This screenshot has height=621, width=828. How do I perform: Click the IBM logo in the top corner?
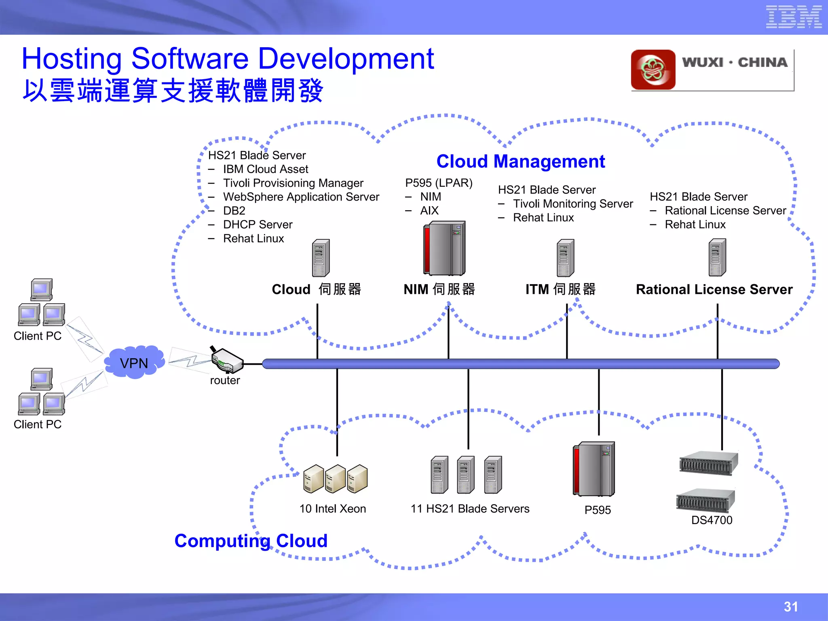793,17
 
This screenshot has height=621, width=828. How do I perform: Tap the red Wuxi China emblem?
653,70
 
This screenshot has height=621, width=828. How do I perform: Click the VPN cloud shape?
134,362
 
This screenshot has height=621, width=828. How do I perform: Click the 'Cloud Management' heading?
520,161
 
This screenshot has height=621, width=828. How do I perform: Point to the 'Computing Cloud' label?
251,541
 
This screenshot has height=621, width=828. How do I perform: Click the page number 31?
790,606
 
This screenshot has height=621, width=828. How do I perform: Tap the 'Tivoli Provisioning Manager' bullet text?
293,183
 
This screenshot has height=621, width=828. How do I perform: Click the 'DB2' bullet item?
234,211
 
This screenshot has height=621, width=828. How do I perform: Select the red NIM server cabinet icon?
444,248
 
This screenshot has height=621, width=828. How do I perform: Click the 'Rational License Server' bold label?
714,289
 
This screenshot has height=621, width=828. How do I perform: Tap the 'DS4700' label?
712,520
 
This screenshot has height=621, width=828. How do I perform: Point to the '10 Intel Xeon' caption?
332,509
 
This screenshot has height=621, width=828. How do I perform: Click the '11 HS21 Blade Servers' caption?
470,509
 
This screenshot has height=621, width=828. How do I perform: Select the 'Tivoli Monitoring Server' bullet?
572,204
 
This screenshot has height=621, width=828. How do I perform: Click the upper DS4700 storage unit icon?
708,463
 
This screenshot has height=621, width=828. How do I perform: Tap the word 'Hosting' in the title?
72,59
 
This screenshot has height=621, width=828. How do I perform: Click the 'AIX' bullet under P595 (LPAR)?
429,211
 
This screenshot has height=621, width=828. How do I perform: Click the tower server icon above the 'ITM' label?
565,258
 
